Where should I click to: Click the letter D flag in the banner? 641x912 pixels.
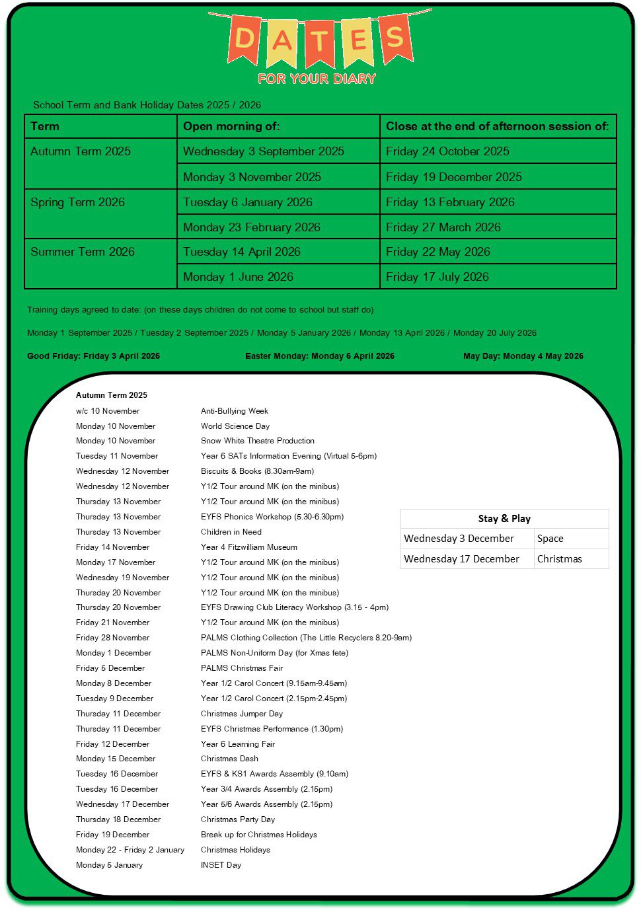[244, 39]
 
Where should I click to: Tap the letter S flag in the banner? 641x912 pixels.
[395, 38]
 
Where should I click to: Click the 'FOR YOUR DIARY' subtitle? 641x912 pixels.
[317, 79]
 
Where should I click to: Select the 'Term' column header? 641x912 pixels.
[45, 126]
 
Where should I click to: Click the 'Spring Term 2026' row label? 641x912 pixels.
[77, 202]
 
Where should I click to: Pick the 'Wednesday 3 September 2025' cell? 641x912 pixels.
[263, 151]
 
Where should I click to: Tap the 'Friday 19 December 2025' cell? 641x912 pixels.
[453, 177]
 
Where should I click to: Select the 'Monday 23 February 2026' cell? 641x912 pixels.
[251, 227]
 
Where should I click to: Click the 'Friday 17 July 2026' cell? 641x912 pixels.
[437, 277]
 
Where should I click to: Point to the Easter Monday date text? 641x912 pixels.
[319, 356]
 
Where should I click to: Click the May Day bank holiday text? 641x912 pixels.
[523, 356]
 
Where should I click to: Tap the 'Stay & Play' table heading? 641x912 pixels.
[504, 519]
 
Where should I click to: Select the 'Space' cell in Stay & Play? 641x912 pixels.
[550, 539]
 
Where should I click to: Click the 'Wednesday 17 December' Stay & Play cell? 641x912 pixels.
[461, 559]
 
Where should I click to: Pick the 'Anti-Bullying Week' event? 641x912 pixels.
[235, 411]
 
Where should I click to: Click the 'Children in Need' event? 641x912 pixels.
[231, 532]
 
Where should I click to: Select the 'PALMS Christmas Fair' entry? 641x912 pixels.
[242, 668]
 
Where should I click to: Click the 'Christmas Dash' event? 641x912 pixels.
[229, 759]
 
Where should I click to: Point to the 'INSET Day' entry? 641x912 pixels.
[221, 865]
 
